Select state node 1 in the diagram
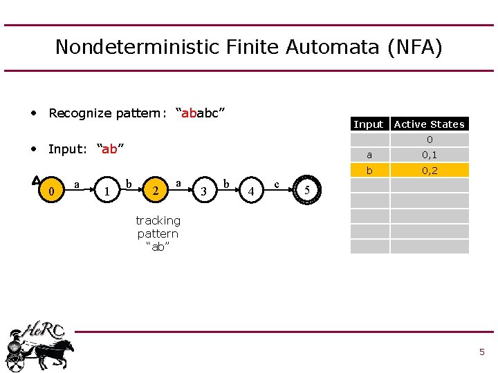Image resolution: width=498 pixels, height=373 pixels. click(105, 191)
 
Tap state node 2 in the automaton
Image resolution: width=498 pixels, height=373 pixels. click(157, 191)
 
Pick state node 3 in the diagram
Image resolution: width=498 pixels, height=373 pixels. click(203, 191)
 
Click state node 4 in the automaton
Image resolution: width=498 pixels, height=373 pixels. click(252, 191)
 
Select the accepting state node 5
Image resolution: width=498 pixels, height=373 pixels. click(307, 191)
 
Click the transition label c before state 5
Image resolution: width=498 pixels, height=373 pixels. click(277, 184)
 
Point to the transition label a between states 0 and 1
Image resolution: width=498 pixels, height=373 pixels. click(76, 184)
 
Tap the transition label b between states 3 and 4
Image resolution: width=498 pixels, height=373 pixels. click(228, 184)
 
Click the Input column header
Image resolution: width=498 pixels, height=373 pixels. click(368, 124)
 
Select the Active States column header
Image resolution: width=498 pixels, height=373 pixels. click(429, 124)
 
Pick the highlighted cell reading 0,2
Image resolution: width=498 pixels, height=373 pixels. click(430, 170)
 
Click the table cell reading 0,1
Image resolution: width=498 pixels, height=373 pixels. click(430, 155)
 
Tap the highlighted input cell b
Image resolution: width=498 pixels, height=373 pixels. click(369, 170)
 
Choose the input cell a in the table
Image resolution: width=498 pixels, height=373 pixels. click(369, 155)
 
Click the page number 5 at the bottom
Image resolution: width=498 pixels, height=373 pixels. click(481, 352)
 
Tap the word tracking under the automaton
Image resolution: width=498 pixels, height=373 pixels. click(158, 220)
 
